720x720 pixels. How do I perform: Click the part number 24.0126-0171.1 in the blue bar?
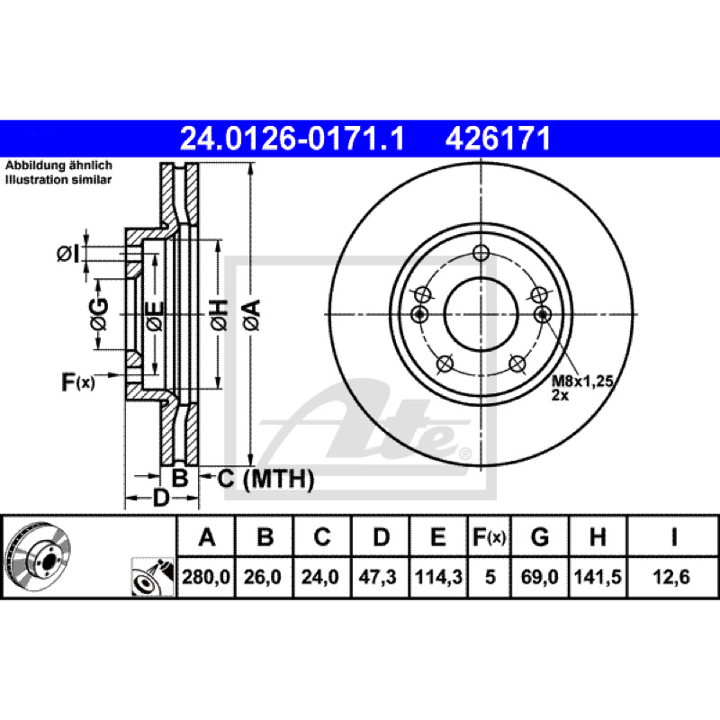point(292,139)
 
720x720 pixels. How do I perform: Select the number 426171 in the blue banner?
point(498,139)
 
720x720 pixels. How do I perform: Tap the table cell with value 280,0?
point(206,577)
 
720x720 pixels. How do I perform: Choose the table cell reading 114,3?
point(438,577)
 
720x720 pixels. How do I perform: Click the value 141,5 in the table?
point(598,577)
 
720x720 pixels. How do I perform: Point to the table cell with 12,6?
point(671,577)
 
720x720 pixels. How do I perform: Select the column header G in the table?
point(539,536)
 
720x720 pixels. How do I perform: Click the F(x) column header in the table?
point(490,536)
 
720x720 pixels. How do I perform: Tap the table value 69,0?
point(539,577)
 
